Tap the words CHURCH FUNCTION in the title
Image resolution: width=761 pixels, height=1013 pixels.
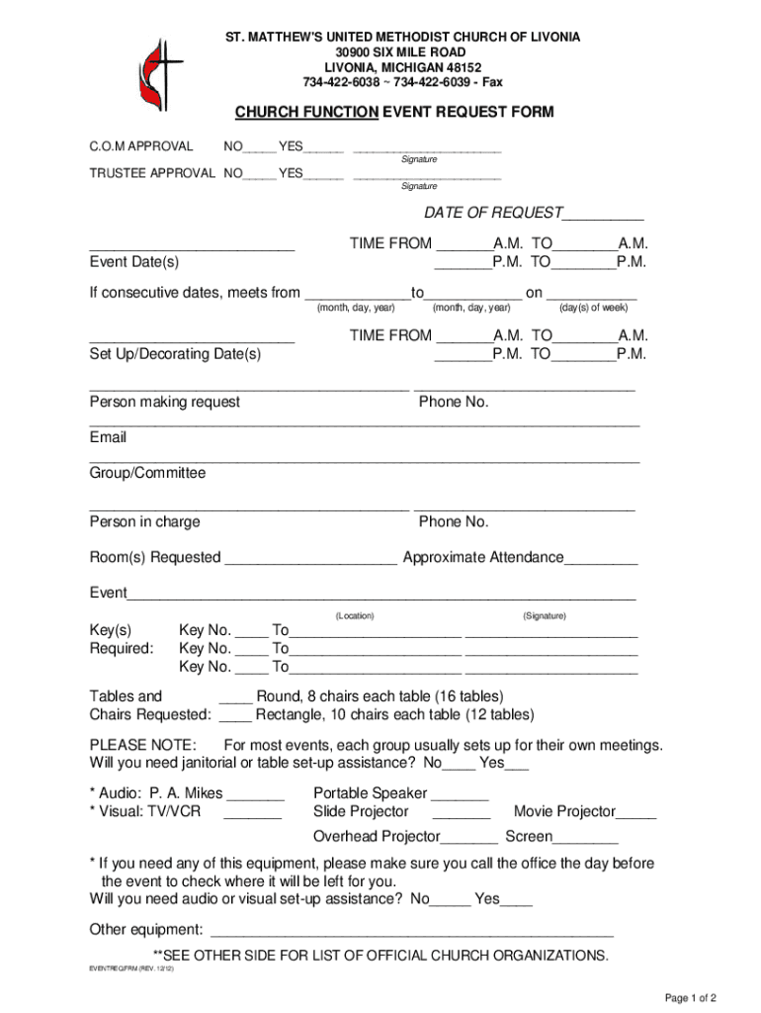coord(305,113)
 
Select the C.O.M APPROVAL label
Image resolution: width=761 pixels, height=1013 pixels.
coord(141,146)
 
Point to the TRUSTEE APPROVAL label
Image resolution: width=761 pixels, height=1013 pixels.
coord(152,173)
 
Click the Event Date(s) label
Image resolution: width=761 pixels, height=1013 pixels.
coord(134,262)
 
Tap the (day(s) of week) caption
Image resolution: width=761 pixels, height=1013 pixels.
coord(593,308)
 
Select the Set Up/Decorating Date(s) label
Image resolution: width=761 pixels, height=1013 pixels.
coord(175,353)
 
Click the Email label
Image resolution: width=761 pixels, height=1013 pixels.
coord(108,437)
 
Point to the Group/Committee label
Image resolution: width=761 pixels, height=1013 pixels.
coord(147,473)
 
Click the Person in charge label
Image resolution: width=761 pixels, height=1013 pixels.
coord(144,521)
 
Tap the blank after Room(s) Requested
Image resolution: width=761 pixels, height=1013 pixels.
coord(310,559)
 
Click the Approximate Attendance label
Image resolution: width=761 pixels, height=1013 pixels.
coord(482,557)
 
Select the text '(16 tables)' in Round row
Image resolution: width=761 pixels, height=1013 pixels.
coord(468,696)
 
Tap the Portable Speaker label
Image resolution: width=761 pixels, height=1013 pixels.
coord(370,793)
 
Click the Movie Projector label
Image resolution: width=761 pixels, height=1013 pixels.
coord(564,811)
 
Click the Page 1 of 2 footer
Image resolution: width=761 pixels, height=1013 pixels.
coord(690,997)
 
